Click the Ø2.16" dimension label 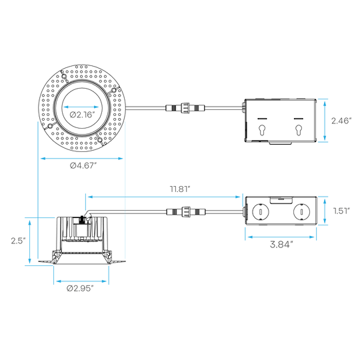82,115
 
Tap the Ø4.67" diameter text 83,165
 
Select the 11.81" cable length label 180,189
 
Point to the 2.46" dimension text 341,121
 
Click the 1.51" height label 341,211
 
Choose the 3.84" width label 281,245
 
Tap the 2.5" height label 18,241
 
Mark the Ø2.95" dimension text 80,289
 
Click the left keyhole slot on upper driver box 261,130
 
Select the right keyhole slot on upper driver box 299,130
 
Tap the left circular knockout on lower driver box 261,212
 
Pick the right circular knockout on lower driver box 301,212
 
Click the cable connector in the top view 185,108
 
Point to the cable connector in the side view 186,212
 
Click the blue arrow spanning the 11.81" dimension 164,197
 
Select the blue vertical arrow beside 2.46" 325,121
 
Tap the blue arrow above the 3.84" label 281,237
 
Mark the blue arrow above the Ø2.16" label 81,107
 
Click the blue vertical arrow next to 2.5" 29,241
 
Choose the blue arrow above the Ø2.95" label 81,281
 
